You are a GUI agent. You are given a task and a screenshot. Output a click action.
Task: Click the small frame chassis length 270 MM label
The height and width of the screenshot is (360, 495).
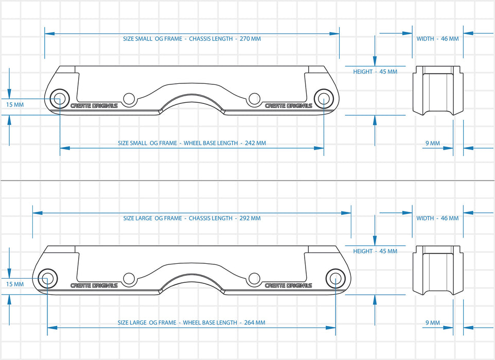pos(192,39)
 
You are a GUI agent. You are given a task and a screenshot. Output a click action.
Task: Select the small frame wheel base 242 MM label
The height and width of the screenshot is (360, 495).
pos(192,143)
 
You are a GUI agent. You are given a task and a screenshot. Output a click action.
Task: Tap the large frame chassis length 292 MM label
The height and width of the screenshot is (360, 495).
pos(192,218)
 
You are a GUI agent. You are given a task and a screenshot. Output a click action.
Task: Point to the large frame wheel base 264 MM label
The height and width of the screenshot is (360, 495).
pos(191,322)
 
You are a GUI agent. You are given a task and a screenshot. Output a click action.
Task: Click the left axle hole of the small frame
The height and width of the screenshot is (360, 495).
pos(60,98)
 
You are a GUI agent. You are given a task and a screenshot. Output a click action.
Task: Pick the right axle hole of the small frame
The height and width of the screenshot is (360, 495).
pos(324,98)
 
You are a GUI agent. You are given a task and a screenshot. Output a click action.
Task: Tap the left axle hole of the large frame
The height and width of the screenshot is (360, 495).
pos(47,278)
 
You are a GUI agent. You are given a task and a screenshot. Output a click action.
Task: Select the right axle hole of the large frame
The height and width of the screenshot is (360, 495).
pos(335,278)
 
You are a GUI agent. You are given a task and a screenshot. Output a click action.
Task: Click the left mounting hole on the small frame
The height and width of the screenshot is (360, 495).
pos(129,98)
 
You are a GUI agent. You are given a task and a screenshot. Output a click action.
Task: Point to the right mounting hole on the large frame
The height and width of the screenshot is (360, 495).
pos(254,278)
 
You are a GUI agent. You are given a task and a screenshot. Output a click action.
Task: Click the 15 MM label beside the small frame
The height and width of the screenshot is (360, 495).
pos(15,104)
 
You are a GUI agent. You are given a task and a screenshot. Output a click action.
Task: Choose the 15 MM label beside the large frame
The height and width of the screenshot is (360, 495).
pos(15,284)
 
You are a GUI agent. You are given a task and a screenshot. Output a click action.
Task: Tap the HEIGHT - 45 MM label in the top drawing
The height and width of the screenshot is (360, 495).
pos(375,71)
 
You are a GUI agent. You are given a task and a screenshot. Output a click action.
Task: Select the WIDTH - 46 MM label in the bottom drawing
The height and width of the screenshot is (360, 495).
pos(437,218)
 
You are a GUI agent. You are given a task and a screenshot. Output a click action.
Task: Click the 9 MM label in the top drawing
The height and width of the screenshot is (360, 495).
pos(433,143)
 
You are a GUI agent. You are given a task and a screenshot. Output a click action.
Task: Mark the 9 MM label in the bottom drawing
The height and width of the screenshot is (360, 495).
pos(433,322)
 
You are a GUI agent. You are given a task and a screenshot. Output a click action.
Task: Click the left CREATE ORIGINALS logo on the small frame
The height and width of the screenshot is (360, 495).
pos(94,106)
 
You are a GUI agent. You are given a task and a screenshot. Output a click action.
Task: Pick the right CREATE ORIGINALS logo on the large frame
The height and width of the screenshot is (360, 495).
pos(288,285)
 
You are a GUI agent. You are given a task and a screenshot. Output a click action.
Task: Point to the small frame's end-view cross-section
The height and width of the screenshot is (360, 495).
pos(438,91)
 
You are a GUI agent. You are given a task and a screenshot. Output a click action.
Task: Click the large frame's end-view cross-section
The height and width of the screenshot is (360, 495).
pos(438,270)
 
